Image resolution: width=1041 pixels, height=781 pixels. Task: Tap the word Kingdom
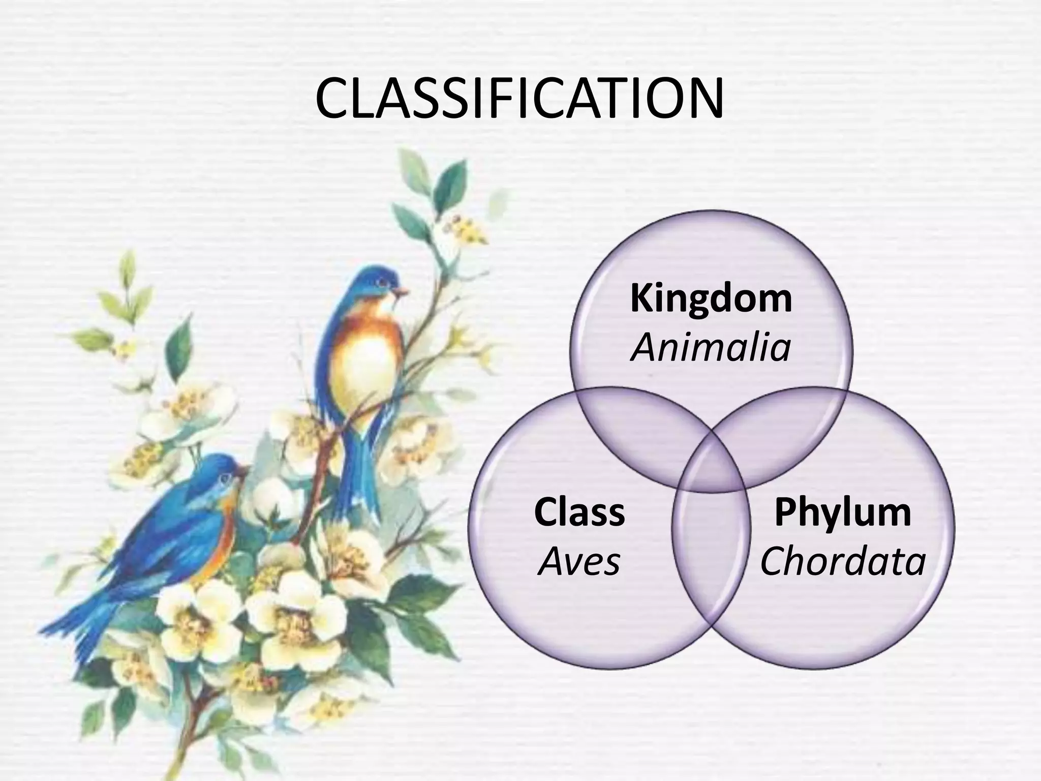711,299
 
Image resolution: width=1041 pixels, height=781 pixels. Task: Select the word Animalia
711,349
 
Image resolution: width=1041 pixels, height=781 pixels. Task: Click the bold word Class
579,513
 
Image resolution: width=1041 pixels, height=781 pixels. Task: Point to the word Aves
579,562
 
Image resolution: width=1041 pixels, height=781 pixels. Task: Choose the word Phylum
843,513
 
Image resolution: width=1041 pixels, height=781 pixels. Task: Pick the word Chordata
843,562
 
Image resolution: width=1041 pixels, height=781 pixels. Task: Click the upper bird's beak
403,291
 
